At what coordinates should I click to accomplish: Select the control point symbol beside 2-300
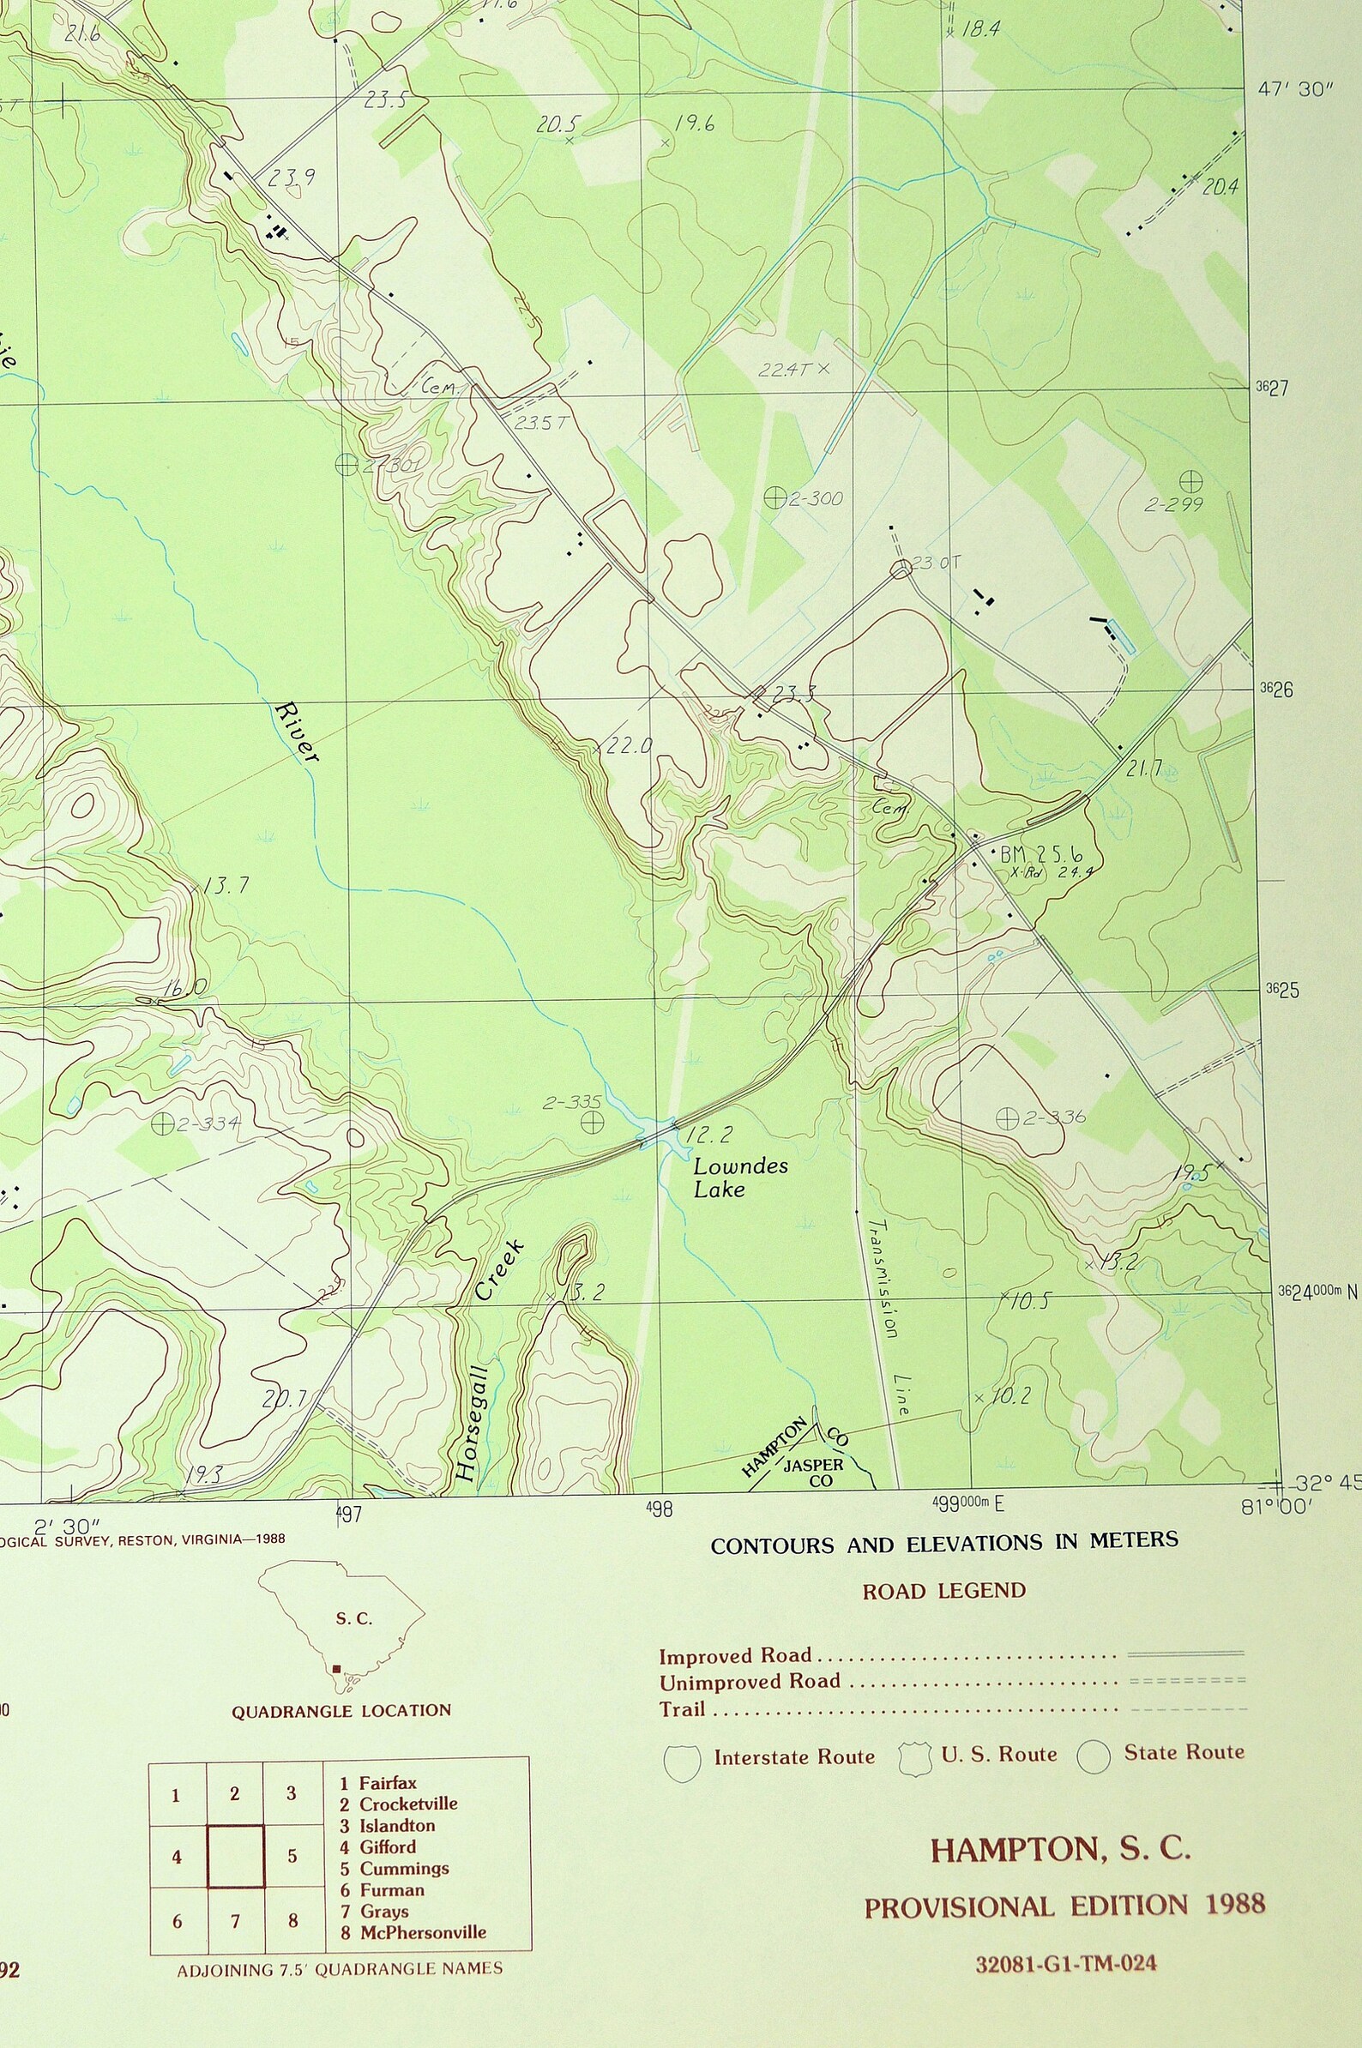point(774,497)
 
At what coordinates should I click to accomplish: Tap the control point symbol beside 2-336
point(1007,1118)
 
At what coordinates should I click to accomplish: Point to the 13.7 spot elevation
point(226,886)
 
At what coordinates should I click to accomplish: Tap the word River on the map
point(297,732)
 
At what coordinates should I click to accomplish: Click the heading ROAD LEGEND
point(943,1591)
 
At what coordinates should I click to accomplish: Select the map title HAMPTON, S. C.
point(1060,1850)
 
